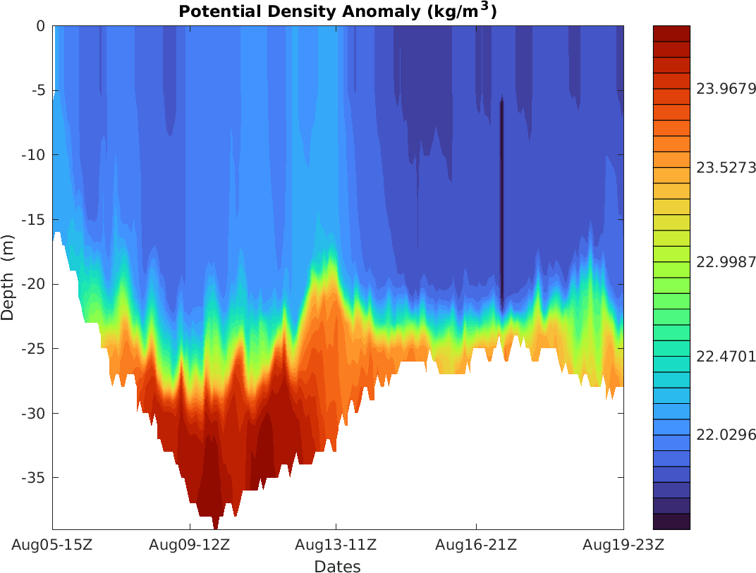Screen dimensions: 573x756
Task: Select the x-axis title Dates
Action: (337, 567)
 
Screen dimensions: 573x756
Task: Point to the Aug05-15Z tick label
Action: (52, 545)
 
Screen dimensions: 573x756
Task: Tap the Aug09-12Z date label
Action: (190, 545)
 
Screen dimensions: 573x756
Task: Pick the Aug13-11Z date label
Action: (336, 545)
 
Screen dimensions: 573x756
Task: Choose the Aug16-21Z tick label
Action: (476, 545)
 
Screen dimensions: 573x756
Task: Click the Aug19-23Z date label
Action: (623, 545)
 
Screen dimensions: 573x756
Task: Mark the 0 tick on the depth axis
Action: (40, 26)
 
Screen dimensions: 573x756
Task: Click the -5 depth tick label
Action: (37, 90)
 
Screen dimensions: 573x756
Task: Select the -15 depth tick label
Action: (33, 220)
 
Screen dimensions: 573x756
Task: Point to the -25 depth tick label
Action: (33, 349)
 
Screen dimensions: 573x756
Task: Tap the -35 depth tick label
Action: (33, 478)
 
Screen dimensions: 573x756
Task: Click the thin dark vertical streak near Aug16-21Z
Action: (502, 204)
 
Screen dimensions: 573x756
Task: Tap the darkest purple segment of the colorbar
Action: (671, 522)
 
